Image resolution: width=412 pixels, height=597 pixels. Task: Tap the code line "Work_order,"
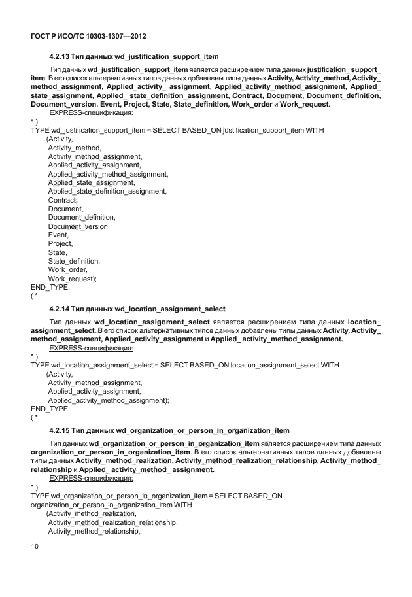tap(68, 269)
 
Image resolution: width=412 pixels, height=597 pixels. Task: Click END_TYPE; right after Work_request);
tap(50, 287)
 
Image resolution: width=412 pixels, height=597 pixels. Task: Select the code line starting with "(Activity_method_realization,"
tap(91, 515)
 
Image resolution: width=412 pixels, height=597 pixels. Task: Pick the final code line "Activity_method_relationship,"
tap(94, 532)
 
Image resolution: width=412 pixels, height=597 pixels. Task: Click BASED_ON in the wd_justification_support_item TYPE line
tap(196, 130)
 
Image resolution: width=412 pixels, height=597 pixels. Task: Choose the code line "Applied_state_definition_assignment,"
tap(107, 191)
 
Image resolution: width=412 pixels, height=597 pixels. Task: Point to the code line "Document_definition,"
tap(82, 217)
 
